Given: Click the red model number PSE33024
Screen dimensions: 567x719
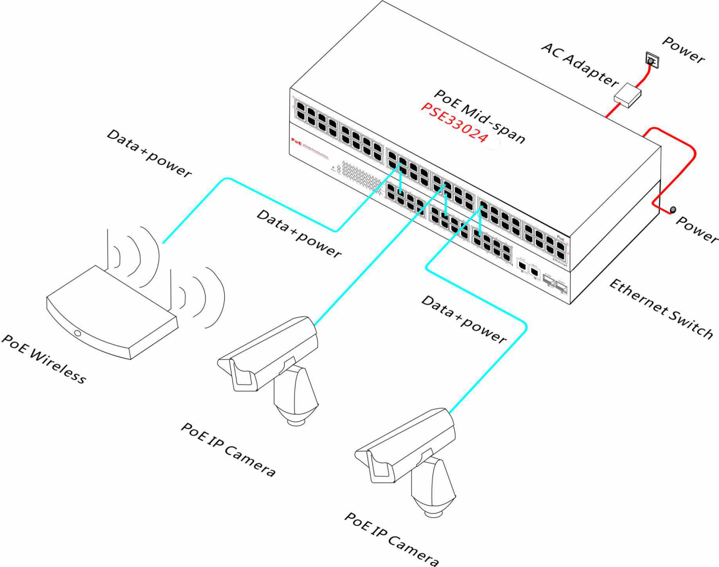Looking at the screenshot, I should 454,123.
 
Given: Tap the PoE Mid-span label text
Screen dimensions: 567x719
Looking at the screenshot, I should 480,116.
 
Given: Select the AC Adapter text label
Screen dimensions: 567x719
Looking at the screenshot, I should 579,63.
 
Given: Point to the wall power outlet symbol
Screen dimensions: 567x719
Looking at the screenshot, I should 652,60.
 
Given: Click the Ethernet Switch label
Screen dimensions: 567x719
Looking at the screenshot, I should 661,308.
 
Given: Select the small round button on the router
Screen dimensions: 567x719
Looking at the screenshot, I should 77,334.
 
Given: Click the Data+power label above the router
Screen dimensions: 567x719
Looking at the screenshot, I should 149,153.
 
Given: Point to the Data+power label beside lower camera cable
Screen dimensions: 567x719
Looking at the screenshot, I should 464,319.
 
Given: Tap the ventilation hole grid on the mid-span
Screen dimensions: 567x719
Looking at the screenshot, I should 359,177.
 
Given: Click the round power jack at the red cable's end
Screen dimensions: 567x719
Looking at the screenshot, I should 673,210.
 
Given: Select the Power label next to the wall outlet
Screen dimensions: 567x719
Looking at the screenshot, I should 683,49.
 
